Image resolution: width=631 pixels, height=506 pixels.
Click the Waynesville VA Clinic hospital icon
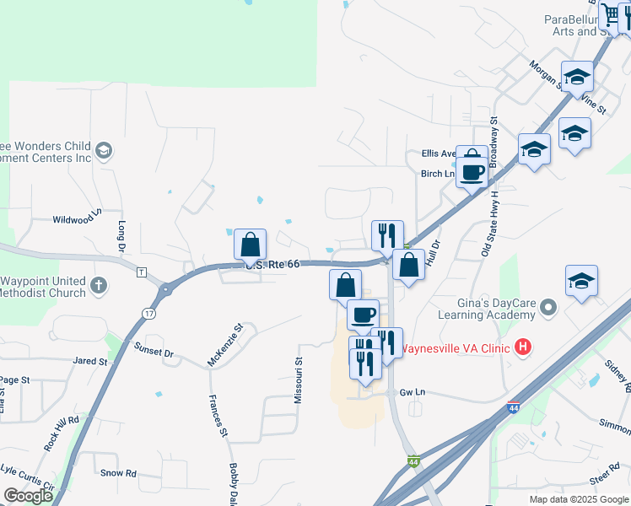click(524, 347)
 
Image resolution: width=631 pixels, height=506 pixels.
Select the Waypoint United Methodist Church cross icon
click(100, 285)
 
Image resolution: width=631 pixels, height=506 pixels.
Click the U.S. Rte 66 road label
click(272, 264)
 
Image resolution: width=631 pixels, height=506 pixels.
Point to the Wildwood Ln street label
click(77, 218)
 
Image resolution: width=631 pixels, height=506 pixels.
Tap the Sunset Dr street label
click(154, 348)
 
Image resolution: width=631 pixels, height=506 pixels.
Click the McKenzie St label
click(225, 344)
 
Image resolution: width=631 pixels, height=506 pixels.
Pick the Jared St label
click(90, 361)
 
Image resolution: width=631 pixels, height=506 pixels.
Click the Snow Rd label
click(118, 474)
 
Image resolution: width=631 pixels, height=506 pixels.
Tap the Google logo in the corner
click(28, 497)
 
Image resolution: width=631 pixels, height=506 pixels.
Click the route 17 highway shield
click(148, 314)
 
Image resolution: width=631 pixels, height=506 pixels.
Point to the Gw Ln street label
click(412, 392)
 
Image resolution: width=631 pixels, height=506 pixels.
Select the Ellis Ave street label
click(439, 154)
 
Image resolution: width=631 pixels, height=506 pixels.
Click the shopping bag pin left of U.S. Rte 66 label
click(251, 245)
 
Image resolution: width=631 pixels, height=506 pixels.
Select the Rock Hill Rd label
click(62, 430)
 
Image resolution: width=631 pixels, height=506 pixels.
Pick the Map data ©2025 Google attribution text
click(578, 499)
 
